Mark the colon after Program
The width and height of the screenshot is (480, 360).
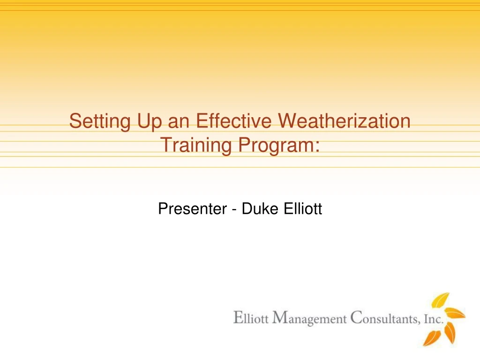(317, 146)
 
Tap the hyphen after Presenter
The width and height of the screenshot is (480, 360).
(233, 210)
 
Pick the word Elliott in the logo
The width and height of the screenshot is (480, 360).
(251, 319)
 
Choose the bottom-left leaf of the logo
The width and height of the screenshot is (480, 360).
(432, 337)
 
